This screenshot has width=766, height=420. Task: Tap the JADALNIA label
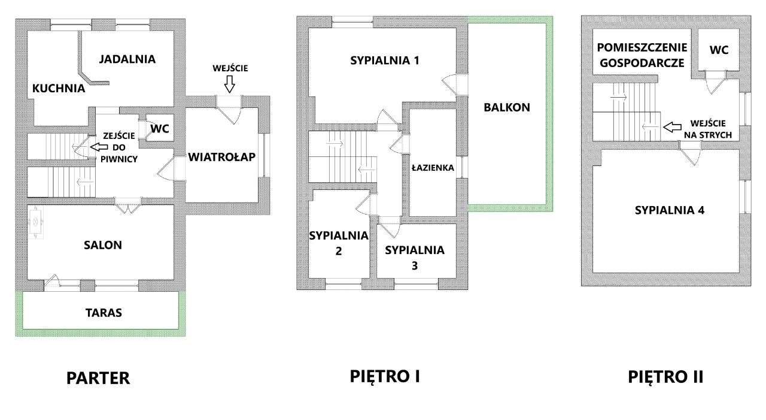click(x=127, y=59)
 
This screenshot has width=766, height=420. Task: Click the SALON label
click(x=103, y=244)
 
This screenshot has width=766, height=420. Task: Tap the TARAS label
click(x=103, y=313)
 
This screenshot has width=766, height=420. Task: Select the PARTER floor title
click(x=98, y=379)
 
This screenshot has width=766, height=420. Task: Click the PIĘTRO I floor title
click(x=385, y=376)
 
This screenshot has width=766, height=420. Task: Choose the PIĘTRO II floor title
click(x=665, y=377)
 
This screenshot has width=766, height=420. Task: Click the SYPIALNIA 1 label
click(x=385, y=61)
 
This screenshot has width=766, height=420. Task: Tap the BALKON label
click(x=507, y=108)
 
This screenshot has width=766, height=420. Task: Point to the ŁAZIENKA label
click(x=433, y=168)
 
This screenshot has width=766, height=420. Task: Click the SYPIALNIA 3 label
click(x=415, y=257)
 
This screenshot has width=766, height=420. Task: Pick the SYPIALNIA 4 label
click(x=670, y=210)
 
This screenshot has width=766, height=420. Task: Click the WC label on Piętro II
click(x=719, y=50)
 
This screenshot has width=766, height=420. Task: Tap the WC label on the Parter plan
click(x=160, y=129)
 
